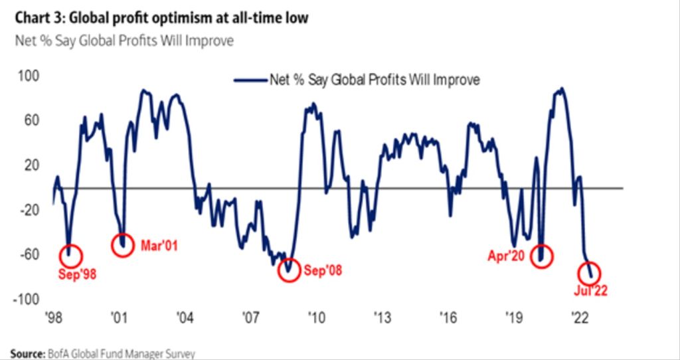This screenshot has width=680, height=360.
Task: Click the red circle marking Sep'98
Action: pos(73,255)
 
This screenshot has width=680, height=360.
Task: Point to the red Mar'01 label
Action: pos(160,244)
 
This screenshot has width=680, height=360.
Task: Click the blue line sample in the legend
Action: pos(249,80)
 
